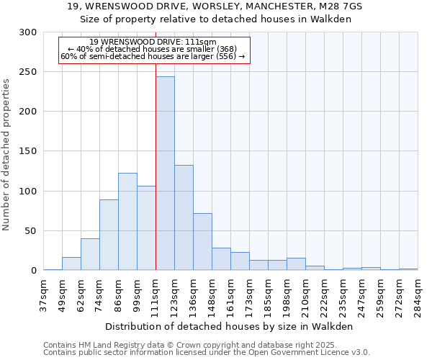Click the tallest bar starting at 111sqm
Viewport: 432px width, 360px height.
165,174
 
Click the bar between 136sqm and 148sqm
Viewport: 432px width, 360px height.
202,242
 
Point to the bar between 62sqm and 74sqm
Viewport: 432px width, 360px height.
90,254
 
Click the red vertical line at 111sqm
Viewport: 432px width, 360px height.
156,144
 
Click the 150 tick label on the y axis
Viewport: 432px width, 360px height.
29,152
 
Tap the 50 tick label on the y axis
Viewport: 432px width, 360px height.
32,231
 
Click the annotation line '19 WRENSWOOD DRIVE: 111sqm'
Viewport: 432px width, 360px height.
153,42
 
